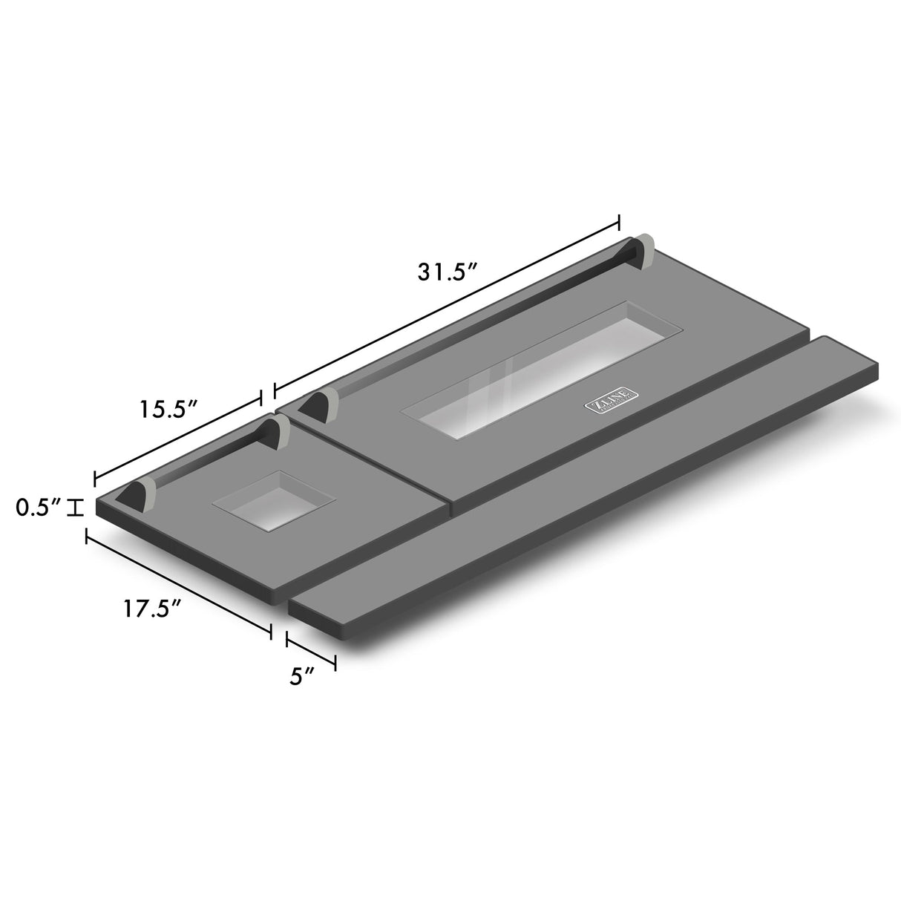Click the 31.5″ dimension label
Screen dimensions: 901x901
tap(446, 272)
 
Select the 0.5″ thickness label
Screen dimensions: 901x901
tap(38, 508)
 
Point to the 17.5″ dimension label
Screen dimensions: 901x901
tap(152, 609)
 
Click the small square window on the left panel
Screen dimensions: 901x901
tap(274, 499)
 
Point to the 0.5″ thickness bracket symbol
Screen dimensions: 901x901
tap(75, 508)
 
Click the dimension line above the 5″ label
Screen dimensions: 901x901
tap(311, 651)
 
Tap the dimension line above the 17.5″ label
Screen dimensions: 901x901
tap(179, 584)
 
